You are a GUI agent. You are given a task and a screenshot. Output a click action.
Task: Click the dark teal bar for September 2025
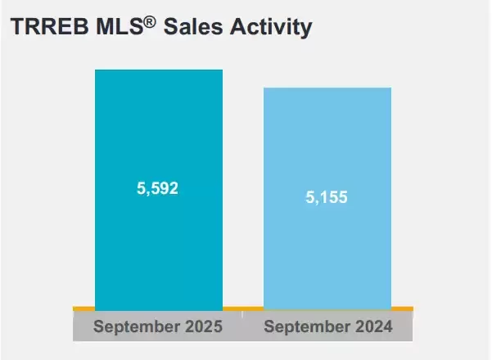click(x=159, y=190)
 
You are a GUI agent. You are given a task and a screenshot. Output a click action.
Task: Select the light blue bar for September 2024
click(x=327, y=199)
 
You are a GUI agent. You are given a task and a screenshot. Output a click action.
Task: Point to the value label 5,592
click(x=157, y=188)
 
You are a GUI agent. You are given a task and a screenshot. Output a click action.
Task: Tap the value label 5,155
click(x=327, y=197)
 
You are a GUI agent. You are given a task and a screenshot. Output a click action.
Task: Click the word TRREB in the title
click(x=50, y=26)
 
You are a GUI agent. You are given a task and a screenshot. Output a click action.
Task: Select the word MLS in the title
click(x=120, y=26)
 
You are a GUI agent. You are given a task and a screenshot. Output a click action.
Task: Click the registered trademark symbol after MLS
click(x=150, y=23)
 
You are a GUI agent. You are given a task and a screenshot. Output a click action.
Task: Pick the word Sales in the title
click(x=193, y=26)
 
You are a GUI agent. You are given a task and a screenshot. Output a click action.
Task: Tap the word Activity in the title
click(x=271, y=28)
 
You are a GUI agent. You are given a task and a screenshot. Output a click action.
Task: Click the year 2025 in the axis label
click(x=204, y=326)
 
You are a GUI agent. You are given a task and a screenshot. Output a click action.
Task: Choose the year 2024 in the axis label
click(x=374, y=326)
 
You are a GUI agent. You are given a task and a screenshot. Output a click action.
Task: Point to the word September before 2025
click(x=137, y=326)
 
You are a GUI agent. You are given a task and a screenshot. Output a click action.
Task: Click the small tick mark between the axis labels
click(x=242, y=314)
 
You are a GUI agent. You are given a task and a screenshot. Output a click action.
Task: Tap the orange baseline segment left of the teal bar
click(x=84, y=309)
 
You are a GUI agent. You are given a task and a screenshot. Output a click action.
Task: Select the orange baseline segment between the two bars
click(x=243, y=309)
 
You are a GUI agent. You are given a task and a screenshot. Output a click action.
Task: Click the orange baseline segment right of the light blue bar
click(x=402, y=309)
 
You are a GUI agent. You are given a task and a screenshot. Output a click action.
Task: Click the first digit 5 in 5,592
click(x=141, y=188)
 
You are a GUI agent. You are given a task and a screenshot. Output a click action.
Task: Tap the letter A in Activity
click(x=238, y=26)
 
